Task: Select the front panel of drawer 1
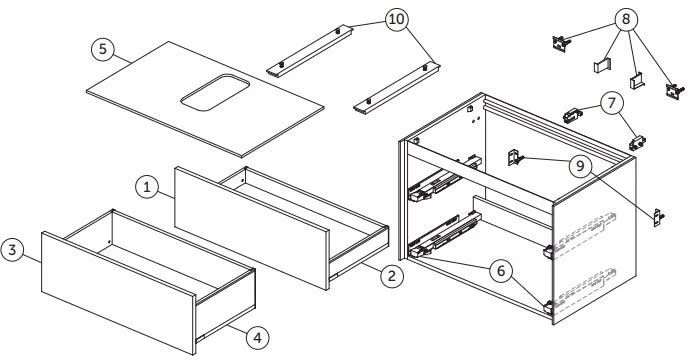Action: [x=250, y=225]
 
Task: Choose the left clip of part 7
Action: [x=572, y=115]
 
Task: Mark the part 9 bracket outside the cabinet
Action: [x=657, y=215]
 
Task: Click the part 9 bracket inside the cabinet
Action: [x=515, y=157]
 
